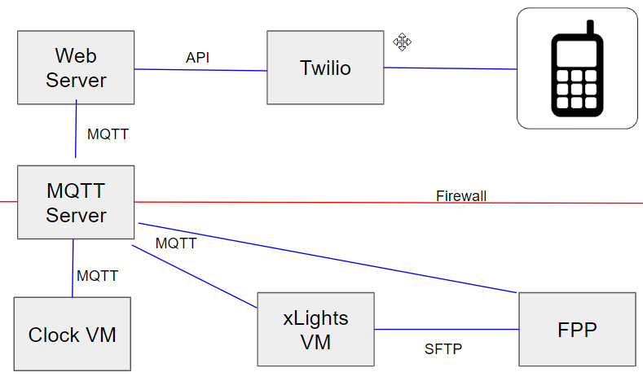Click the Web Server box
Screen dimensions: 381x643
tap(76, 68)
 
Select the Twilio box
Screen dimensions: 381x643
tap(324, 68)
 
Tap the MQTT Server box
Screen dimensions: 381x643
tap(76, 203)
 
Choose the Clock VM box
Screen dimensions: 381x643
tap(72, 334)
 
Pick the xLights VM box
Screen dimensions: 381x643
tap(315, 329)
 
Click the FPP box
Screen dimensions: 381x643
tap(577, 329)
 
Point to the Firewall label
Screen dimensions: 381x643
tap(461, 196)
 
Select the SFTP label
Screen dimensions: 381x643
tap(443, 350)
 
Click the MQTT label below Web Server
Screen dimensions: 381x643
tap(108, 134)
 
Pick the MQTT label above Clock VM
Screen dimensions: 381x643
tap(97, 276)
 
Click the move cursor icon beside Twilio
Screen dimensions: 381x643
tap(402, 42)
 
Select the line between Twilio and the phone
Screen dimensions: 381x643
tap(450, 68)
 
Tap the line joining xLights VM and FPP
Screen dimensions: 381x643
tap(447, 330)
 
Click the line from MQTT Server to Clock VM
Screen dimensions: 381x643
tap(73, 269)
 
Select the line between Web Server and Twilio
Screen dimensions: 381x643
tap(200, 70)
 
